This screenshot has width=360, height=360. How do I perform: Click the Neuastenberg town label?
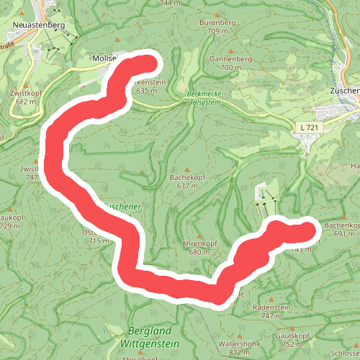pos(39,24)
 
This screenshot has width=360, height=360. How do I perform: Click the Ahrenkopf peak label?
pos(199,243)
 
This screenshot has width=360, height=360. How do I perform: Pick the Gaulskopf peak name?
pos(292,336)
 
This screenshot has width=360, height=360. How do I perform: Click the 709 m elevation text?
pos(217,32)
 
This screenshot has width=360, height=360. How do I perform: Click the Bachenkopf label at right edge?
pos(341,225)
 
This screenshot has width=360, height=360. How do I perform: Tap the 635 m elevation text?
pos(146,91)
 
